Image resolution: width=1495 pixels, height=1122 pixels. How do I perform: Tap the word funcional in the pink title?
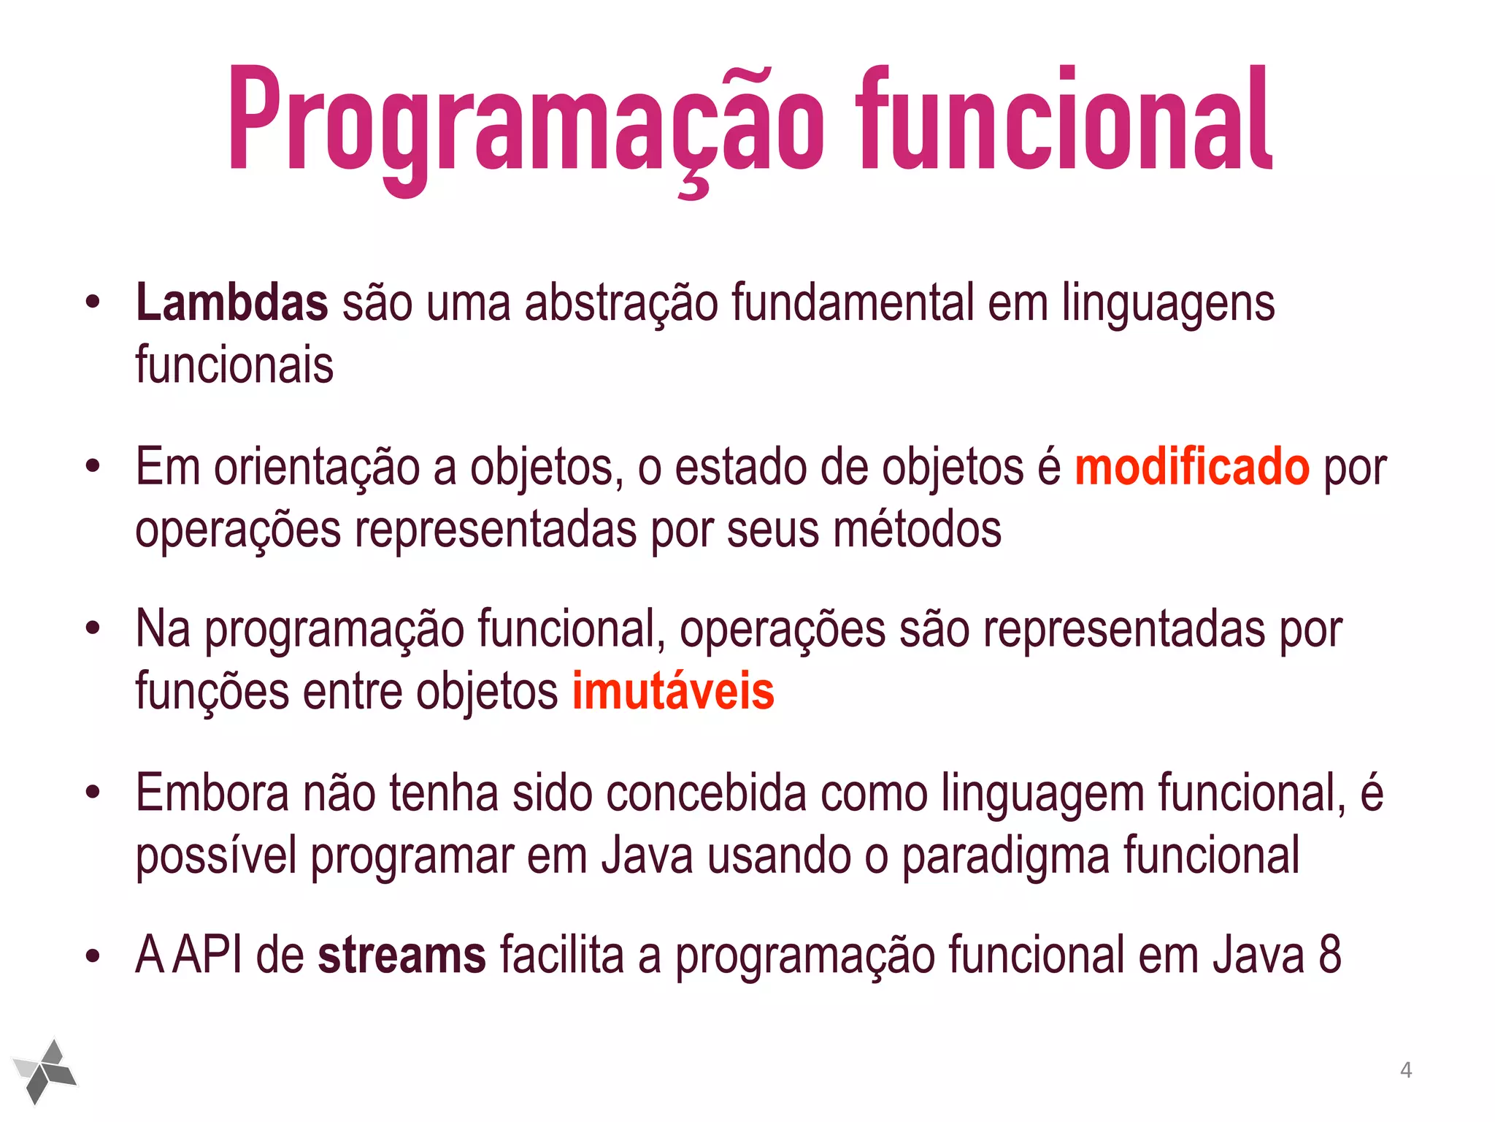click(1064, 121)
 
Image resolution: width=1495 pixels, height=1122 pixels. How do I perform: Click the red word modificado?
click(1192, 467)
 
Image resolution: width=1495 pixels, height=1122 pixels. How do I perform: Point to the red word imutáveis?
click(672, 691)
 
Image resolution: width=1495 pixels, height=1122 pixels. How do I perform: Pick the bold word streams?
click(401, 955)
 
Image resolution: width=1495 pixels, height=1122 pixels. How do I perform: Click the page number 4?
click(1406, 1070)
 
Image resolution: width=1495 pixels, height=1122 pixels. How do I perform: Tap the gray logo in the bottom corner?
click(45, 1071)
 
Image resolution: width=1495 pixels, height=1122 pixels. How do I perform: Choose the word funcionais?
click(234, 365)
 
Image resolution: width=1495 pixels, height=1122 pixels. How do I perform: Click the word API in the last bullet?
click(207, 955)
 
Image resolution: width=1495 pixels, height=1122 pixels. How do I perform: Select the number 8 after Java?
click(1329, 955)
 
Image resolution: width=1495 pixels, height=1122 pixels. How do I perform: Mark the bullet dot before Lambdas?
click(92, 302)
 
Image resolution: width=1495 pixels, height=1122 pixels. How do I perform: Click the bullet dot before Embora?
click(92, 793)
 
